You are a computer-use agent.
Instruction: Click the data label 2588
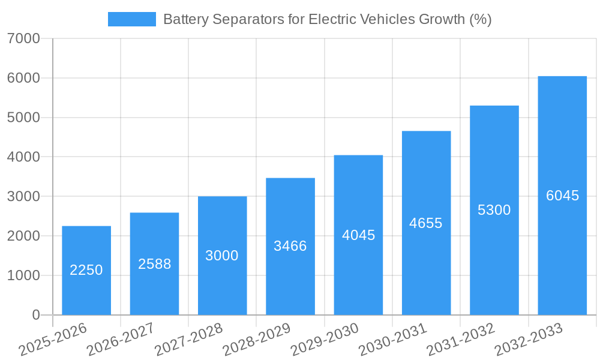tap(154, 264)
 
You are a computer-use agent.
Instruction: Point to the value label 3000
tap(222, 256)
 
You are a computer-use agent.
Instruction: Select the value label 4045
tap(358, 235)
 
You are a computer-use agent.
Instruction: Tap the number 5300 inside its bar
tap(494, 210)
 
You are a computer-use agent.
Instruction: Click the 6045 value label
tap(562, 196)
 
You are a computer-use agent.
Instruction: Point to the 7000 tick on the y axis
tap(24, 38)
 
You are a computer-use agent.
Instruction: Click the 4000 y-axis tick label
tap(24, 157)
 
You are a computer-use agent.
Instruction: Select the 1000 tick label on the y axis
tap(24, 275)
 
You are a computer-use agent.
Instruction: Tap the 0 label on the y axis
tap(35, 315)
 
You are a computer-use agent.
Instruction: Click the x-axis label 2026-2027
tap(121, 340)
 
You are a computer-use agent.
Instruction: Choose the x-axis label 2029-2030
tap(325, 340)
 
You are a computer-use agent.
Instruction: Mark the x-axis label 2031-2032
tap(461, 340)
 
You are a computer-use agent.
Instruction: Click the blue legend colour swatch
tap(131, 19)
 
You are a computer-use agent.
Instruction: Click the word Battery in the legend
tap(184, 19)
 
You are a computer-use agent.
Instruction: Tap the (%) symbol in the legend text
tap(480, 19)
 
